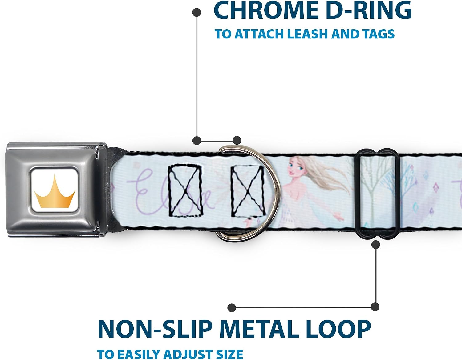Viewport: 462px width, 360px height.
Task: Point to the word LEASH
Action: (307, 34)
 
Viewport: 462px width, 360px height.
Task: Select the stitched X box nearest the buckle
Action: (185, 191)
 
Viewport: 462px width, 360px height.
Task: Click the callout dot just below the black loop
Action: (376, 245)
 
